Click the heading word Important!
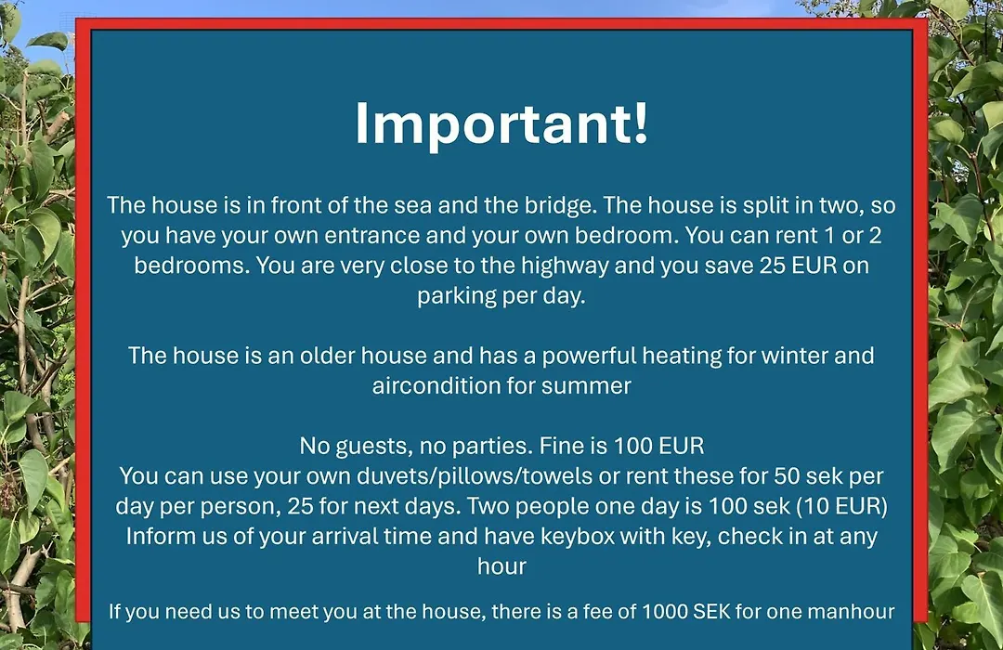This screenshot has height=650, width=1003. click(501, 124)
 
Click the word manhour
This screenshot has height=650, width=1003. click(851, 612)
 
